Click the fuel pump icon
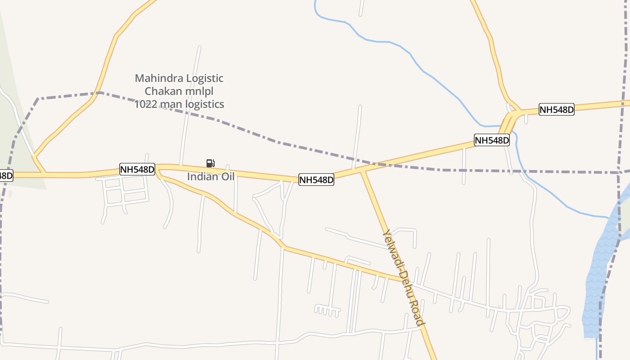210,163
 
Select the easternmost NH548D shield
557,109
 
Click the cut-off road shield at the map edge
6,175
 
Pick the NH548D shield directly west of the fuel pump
137,169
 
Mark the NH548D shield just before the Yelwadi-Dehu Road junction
316,180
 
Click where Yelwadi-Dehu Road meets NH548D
363,171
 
